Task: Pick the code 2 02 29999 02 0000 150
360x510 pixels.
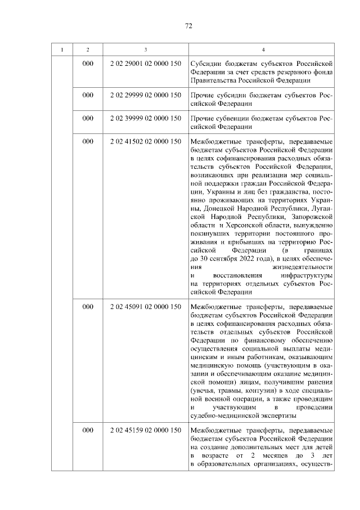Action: point(146,96)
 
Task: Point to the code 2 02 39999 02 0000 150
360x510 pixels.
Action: point(146,119)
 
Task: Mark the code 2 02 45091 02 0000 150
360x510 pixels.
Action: point(146,307)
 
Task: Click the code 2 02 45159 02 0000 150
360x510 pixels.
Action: point(146,430)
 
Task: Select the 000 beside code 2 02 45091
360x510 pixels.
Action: point(88,307)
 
